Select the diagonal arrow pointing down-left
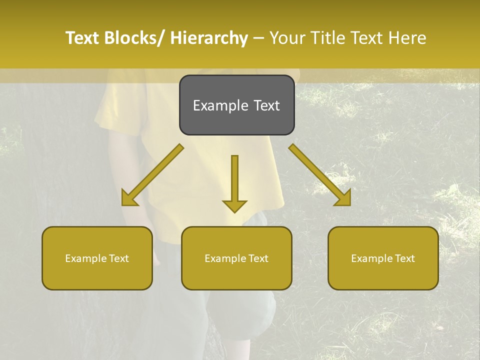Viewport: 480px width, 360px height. pos(152,175)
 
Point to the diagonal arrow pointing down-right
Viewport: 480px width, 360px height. pos(320,175)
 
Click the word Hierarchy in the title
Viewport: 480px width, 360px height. pos(209,38)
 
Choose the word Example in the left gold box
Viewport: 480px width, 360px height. pos(85,258)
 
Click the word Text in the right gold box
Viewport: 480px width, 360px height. pos(404,258)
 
